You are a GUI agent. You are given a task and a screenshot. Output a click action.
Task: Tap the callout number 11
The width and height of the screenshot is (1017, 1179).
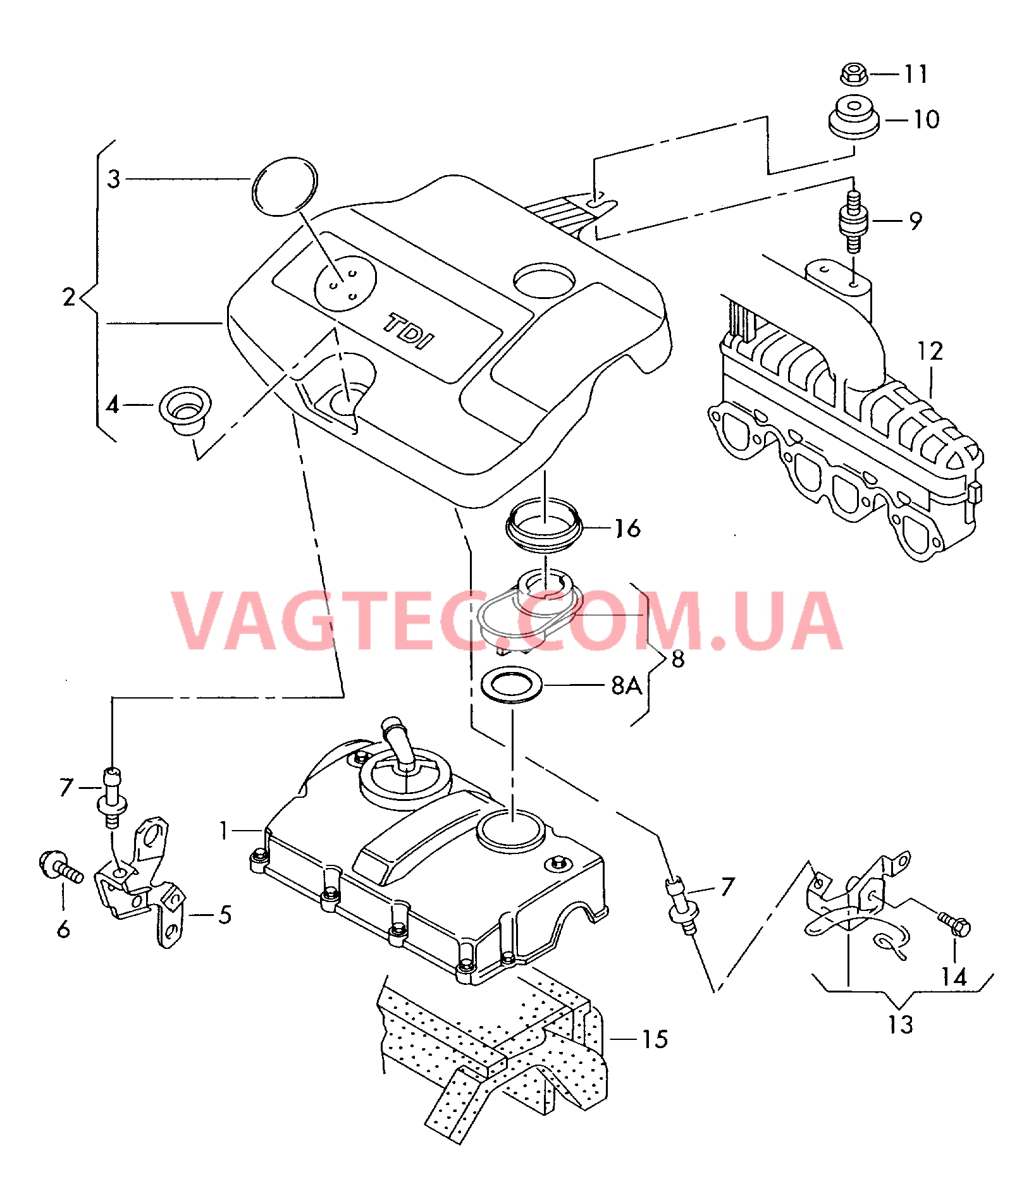(916, 74)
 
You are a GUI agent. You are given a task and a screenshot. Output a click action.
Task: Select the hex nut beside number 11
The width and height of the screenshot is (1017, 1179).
(854, 75)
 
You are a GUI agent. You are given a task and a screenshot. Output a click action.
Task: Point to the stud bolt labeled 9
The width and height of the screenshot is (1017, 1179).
(854, 222)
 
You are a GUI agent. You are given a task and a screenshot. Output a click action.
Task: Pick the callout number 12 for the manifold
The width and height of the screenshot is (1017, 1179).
(930, 351)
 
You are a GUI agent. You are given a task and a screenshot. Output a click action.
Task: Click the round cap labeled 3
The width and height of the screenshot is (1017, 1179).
(284, 186)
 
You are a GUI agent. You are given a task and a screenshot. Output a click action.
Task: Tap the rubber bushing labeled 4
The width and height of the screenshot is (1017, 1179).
(185, 411)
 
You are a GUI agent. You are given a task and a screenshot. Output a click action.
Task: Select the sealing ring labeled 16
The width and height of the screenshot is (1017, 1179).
(544, 527)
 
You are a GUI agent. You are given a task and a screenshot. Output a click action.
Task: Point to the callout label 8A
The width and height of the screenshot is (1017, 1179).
(626, 685)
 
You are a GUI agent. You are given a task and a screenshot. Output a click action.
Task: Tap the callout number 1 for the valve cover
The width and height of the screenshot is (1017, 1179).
(223, 830)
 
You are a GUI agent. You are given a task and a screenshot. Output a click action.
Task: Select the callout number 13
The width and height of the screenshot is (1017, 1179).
(900, 1025)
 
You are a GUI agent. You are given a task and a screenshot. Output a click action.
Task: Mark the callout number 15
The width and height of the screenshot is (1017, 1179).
(655, 1040)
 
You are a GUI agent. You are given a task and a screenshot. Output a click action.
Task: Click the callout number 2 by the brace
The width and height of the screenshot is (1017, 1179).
(69, 296)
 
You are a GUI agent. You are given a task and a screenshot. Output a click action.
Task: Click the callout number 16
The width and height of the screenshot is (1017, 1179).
(627, 528)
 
